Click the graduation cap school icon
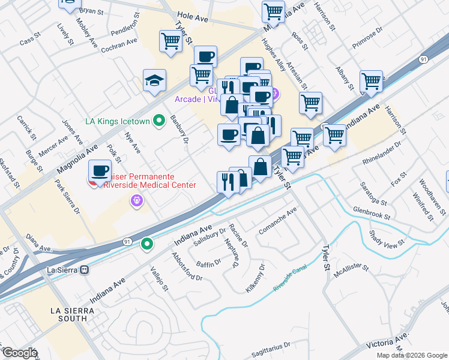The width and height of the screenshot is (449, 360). point(154,82)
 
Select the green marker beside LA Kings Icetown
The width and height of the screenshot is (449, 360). point(159,121)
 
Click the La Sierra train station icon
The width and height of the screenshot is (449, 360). point(85,270)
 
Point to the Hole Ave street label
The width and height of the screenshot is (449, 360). point(192,19)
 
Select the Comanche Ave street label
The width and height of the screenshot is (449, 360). point(277,221)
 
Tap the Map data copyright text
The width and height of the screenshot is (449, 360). point(412,355)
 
